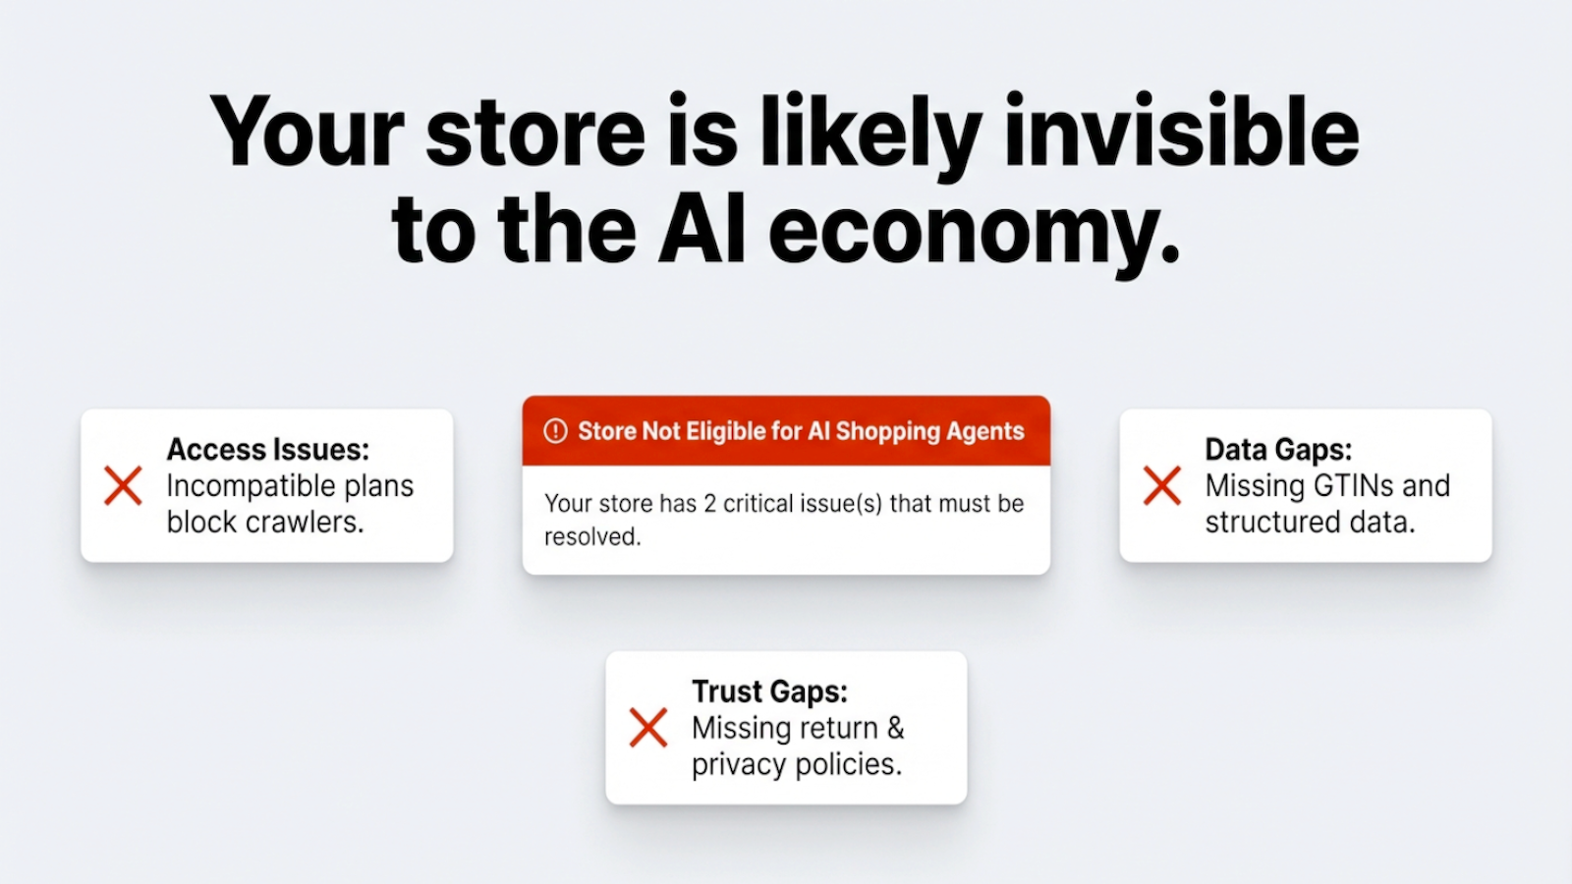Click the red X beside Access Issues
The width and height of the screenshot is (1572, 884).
pyautogui.click(x=123, y=486)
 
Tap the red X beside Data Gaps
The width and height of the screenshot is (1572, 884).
pyautogui.click(x=1161, y=486)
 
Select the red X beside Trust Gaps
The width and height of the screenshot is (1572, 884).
pyautogui.click(x=648, y=728)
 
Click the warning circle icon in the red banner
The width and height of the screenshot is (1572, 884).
pyautogui.click(x=555, y=431)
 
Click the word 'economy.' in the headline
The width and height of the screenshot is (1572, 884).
pyautogui.click(x=974, y=232)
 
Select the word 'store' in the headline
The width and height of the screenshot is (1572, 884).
pyautogui.click(x=535, y=133)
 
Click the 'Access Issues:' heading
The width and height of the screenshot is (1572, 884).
pyautogui.click(x=267, y=450)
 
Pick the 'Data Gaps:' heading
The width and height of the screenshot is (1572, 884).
pyautogui.click(x=1278, y=450)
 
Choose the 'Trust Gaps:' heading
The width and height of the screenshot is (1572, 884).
pyautogui.click(x=769, y=691)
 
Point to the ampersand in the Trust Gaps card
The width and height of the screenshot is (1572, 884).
pyautogui.click(x=895, y=729)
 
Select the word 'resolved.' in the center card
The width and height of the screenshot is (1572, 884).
pyautogui.click(x=592, y=537)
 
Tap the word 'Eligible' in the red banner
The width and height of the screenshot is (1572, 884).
pyautogui.click(x=726, y=431)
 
